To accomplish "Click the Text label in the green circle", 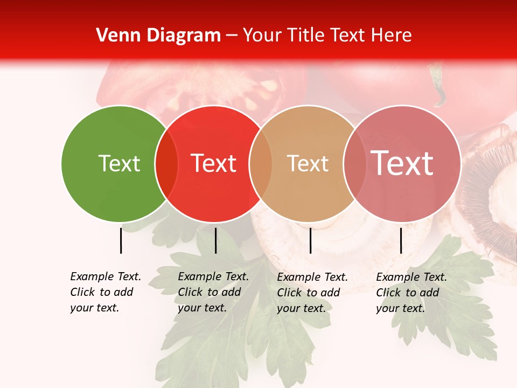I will pyautogui.click(x=119, y=164).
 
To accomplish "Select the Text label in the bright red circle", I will pyautogui.click(x=213, y=164).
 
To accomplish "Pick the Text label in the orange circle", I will pyautogui.click(x=308, y=164).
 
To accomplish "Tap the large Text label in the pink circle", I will pyautogui.click(x=402, y=163).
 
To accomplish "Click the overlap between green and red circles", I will pyautogui.click(x=166, y=164).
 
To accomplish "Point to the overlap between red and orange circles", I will pyautogui.click(x=261, y=164).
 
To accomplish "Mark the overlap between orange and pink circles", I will pyautogui.click(x=354, y=164).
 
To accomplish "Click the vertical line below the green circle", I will pyautogui.click(x=121, y=240).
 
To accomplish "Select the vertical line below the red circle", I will pyautogui.click(x=215, y=240).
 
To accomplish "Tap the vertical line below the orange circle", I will pyautogui.click(x=310, y=240).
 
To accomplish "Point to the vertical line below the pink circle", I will pyautogui.click(x=401, y=240).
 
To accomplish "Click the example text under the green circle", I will pyautogui.click(x=105, y=292).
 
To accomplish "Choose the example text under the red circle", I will pyautogui.click(x=213, y=292).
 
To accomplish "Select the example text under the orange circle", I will pyautogui.click(x=312, y=293).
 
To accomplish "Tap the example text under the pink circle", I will pyautogui.click(x=411, y=293).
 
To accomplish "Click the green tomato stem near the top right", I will pyautogui.click(x=438, y=86).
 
